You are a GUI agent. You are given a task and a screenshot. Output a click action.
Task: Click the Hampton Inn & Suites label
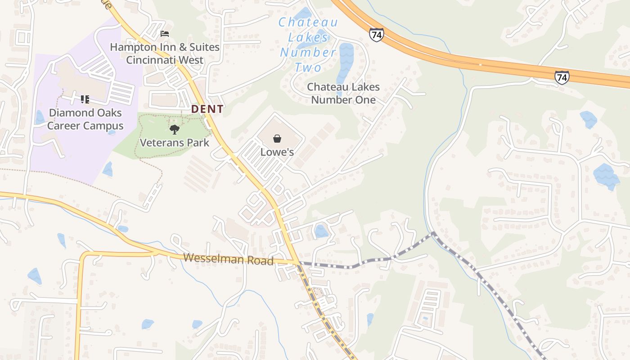point(165,53)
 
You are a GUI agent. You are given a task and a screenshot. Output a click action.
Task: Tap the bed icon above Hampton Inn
point(165,34)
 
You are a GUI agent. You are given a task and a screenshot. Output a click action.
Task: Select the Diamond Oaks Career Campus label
point(85,119)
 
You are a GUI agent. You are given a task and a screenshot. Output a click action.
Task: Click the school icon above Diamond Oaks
point(85,99)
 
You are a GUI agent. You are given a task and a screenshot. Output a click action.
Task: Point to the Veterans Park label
point(175,143)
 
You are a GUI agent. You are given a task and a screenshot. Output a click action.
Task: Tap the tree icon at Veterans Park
point(175,130)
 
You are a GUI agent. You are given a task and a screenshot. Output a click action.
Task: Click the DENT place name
point(207,109)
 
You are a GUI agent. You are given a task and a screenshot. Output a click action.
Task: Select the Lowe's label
point(277,152)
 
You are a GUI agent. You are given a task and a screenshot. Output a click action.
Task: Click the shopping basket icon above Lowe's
point(277,139)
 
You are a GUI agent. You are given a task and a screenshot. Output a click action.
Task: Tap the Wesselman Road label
point(229,259)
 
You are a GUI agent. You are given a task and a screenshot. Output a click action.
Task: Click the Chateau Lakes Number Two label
point(308,45)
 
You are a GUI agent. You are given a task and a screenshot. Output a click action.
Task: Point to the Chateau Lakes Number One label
point(343,93)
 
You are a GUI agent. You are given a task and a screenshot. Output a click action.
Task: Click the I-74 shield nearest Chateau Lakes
point(376,35)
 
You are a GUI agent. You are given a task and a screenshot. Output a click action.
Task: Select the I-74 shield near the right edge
point(562,77)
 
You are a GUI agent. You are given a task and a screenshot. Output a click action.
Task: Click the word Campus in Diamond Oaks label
point(105,126)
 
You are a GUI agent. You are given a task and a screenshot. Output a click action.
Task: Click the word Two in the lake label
point(308,68)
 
